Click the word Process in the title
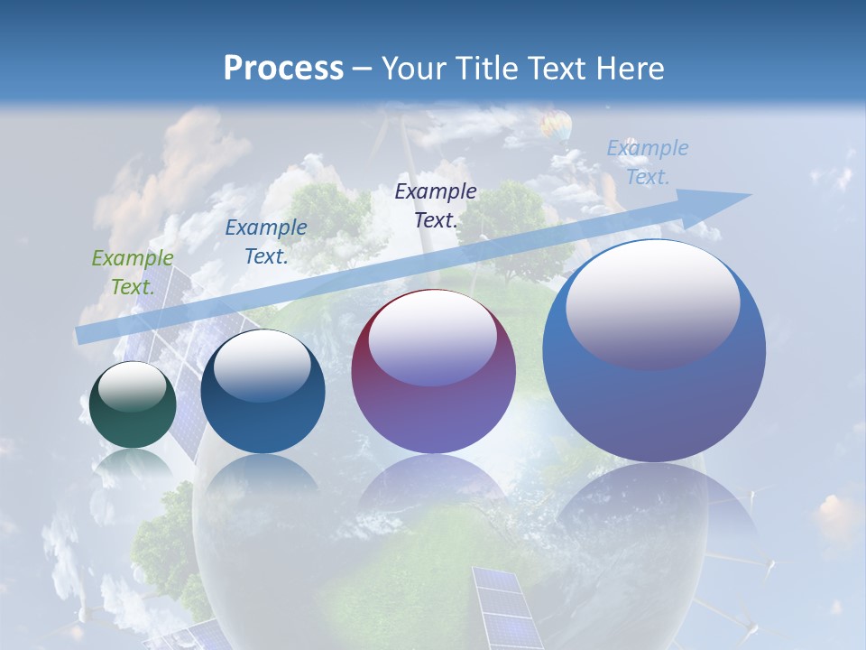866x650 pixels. click(x=283, y=68)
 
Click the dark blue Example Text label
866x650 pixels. click(x=266, y=242)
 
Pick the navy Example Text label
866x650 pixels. click(x=436, y=205)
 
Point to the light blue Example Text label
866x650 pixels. click(x=648, y=162)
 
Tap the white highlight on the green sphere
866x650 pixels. click(x=133, y=387)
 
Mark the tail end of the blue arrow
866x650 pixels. click(x=84, y=334)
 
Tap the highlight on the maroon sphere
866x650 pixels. click(x=433, y=338)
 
